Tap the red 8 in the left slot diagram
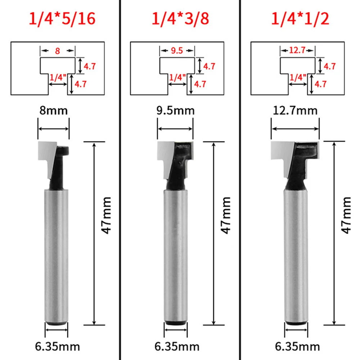click(58, 51)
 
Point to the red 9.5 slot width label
click(177, 51)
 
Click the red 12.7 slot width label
click(297, 51)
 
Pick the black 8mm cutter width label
click(53, 111)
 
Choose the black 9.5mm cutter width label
click(176, 111)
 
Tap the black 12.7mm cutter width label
click(295, 111)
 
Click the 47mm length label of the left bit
click(107, 215)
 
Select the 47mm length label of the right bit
click(346, 215)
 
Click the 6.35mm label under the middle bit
click(177, 347)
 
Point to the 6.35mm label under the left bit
click(57, 347)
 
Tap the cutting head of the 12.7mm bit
click(295, 158)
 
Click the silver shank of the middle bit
click(176, 252)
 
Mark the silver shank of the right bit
click(296, 252)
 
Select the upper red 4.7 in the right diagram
click(330, 66)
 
